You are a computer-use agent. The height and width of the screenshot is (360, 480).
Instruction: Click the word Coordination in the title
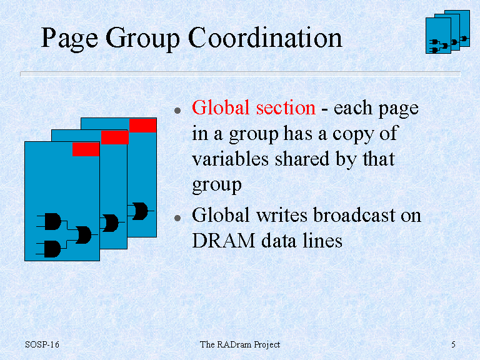click(x=265, y=37)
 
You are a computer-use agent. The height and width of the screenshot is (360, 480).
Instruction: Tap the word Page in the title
click(x=70, y=39)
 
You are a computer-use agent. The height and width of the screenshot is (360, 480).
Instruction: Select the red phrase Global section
click(x=254, y=107)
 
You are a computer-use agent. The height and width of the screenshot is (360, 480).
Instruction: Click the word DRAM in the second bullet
click(x=224, y=240)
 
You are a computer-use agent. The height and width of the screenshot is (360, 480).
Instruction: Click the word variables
click(x=230, y=159)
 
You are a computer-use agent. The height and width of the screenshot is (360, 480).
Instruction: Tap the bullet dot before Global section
click(x=177, y=110)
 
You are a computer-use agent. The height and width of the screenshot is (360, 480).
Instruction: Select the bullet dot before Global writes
click(x=177, y=217)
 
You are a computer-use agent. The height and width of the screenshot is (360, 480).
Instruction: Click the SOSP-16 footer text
click(x=42, y=344)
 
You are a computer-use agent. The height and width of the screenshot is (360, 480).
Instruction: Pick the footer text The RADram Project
click(x=240, y=345)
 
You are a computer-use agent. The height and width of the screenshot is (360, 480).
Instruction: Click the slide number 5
click(x=453, y=344)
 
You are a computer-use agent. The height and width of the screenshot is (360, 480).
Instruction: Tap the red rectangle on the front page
click(x=86, y=149)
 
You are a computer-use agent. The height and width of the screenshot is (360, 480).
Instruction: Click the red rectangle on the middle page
click(x=115, y=137)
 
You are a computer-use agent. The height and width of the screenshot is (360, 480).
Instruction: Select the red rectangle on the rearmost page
click(x=143, y=126)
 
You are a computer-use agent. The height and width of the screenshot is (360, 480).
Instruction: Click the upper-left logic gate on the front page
click(x=52, y=221)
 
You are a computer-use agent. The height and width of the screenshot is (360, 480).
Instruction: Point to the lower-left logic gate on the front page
click(x=52, y=249)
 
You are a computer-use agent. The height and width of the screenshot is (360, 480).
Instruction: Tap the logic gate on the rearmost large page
click(x=140, y=211)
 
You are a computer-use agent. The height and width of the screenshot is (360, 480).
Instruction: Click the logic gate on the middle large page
click(x=111, y=223)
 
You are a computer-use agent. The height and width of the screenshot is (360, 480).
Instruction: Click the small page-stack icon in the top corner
click(x=447, y=32)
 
